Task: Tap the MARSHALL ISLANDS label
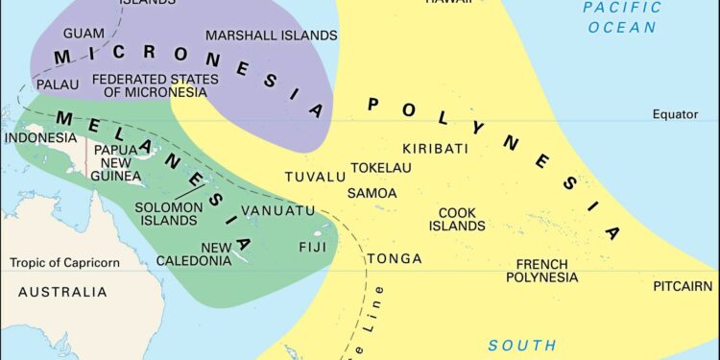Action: (x=272, y=36)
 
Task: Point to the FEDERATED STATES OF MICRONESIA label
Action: (x=149, y=85)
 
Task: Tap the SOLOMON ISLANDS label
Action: (x=168, y=213)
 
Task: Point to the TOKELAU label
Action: (x=380, y=168)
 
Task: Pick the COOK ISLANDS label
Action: (x=457, y=220)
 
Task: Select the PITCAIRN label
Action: (x=683, y=286)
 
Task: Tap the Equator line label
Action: (x=675, y=114)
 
